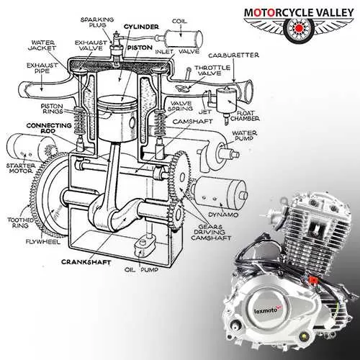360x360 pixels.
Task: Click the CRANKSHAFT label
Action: click(x=86, y=262)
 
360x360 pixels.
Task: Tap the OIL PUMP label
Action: click(x=142, y=270)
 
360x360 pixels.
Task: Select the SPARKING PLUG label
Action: click(x=97, y=22)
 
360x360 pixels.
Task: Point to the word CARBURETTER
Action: click(x=234, y=55)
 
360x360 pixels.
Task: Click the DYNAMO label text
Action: click(x=223, y=215)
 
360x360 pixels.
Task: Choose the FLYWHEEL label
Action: click(x=43, y=241)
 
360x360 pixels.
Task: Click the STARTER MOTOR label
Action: click(x=21, y=168)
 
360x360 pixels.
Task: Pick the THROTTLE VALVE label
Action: click(x=212, y=71)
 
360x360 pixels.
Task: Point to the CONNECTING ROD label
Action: click(x=49, y=128)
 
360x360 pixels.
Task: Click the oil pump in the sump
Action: click(x=144, y=246)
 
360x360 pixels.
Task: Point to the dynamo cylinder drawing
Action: click(x=220, y=192)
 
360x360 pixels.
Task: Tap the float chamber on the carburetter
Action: click(x=225, y=100)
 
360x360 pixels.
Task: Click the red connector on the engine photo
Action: click(x=312, y=280)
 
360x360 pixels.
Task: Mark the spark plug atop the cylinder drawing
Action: click(x=116, y=46)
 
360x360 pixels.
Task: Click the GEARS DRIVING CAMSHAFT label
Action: click(x=211, y=233)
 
